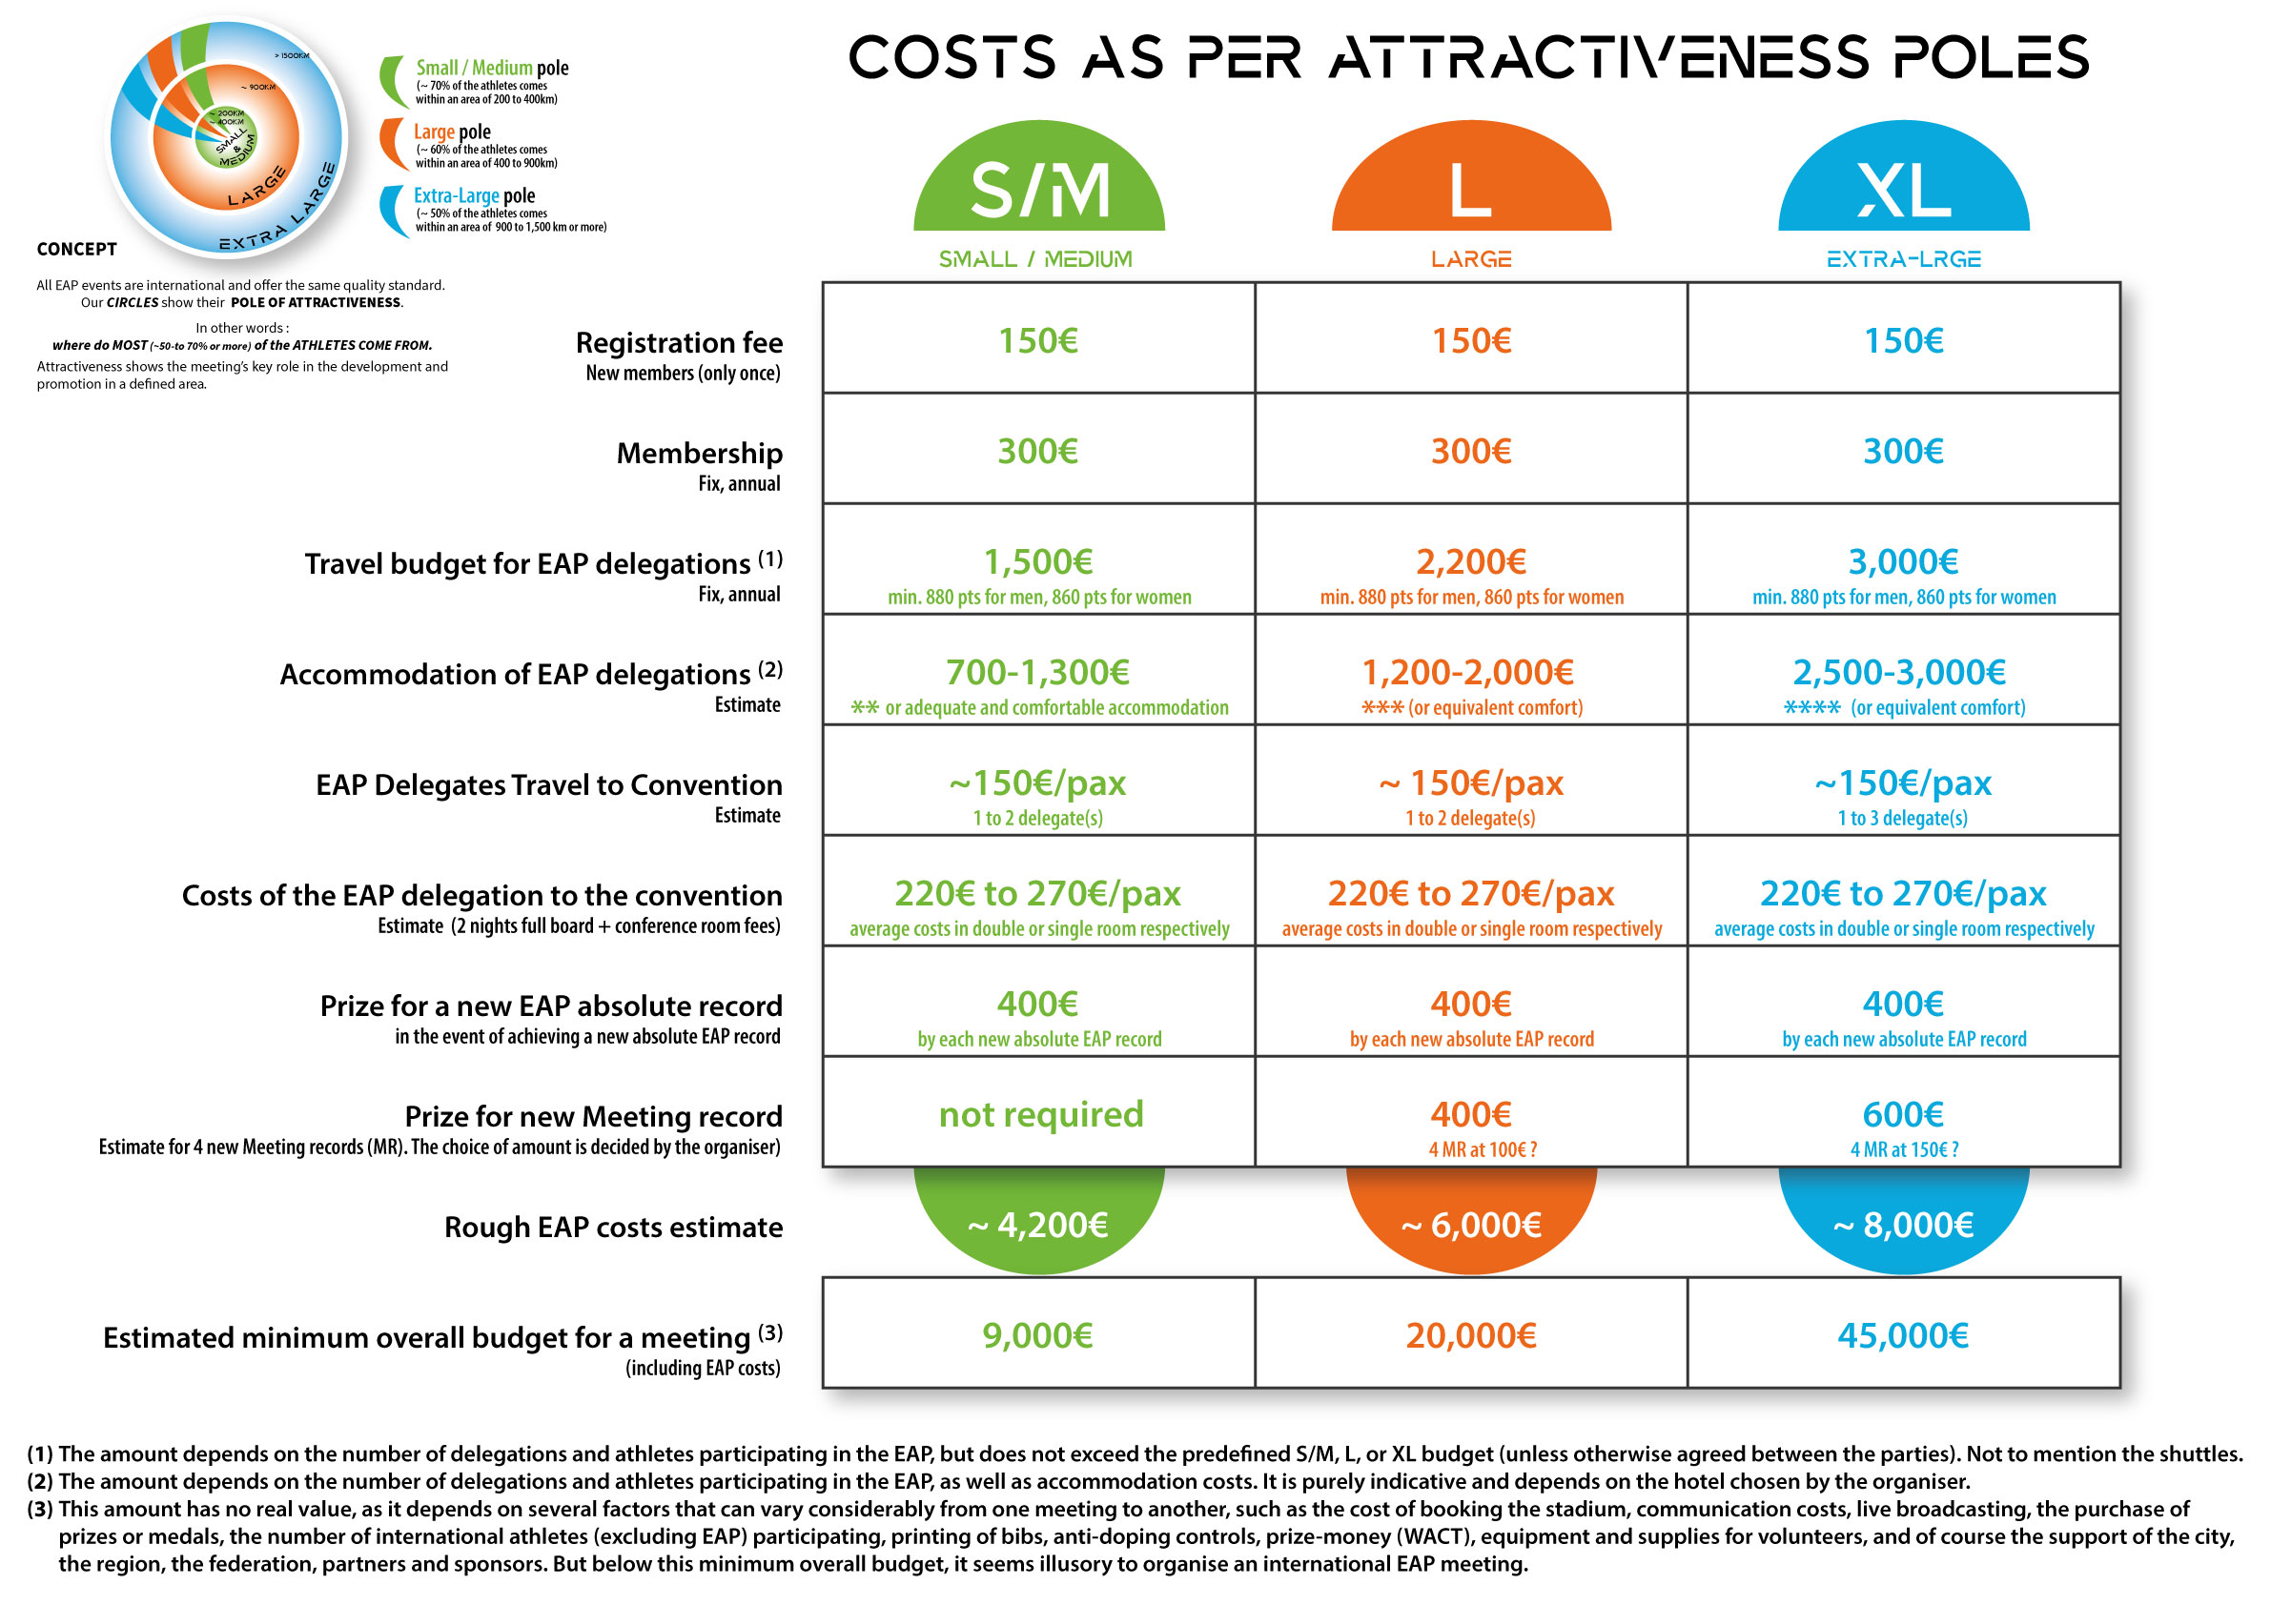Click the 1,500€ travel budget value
(1037, 561)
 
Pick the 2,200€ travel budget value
(1471, 561)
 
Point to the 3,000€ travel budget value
(1903, 561)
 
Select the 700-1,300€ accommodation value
(1037, 673)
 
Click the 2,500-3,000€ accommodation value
(1899, 673)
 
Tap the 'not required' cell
(1040, 1114)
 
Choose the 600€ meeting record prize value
(1903, 1114)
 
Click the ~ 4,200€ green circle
(1037, 1225)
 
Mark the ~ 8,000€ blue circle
(1903, 1225)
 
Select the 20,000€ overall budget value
(1471, 1336)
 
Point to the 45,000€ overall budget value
(1903, 1336)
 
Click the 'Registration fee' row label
(679, 343)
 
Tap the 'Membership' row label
(699, 453)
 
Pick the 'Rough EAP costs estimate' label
(613, 1228)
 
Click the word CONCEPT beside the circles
(76, 249)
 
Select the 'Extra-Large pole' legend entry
(474, 195)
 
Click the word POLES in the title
(1990, 57)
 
